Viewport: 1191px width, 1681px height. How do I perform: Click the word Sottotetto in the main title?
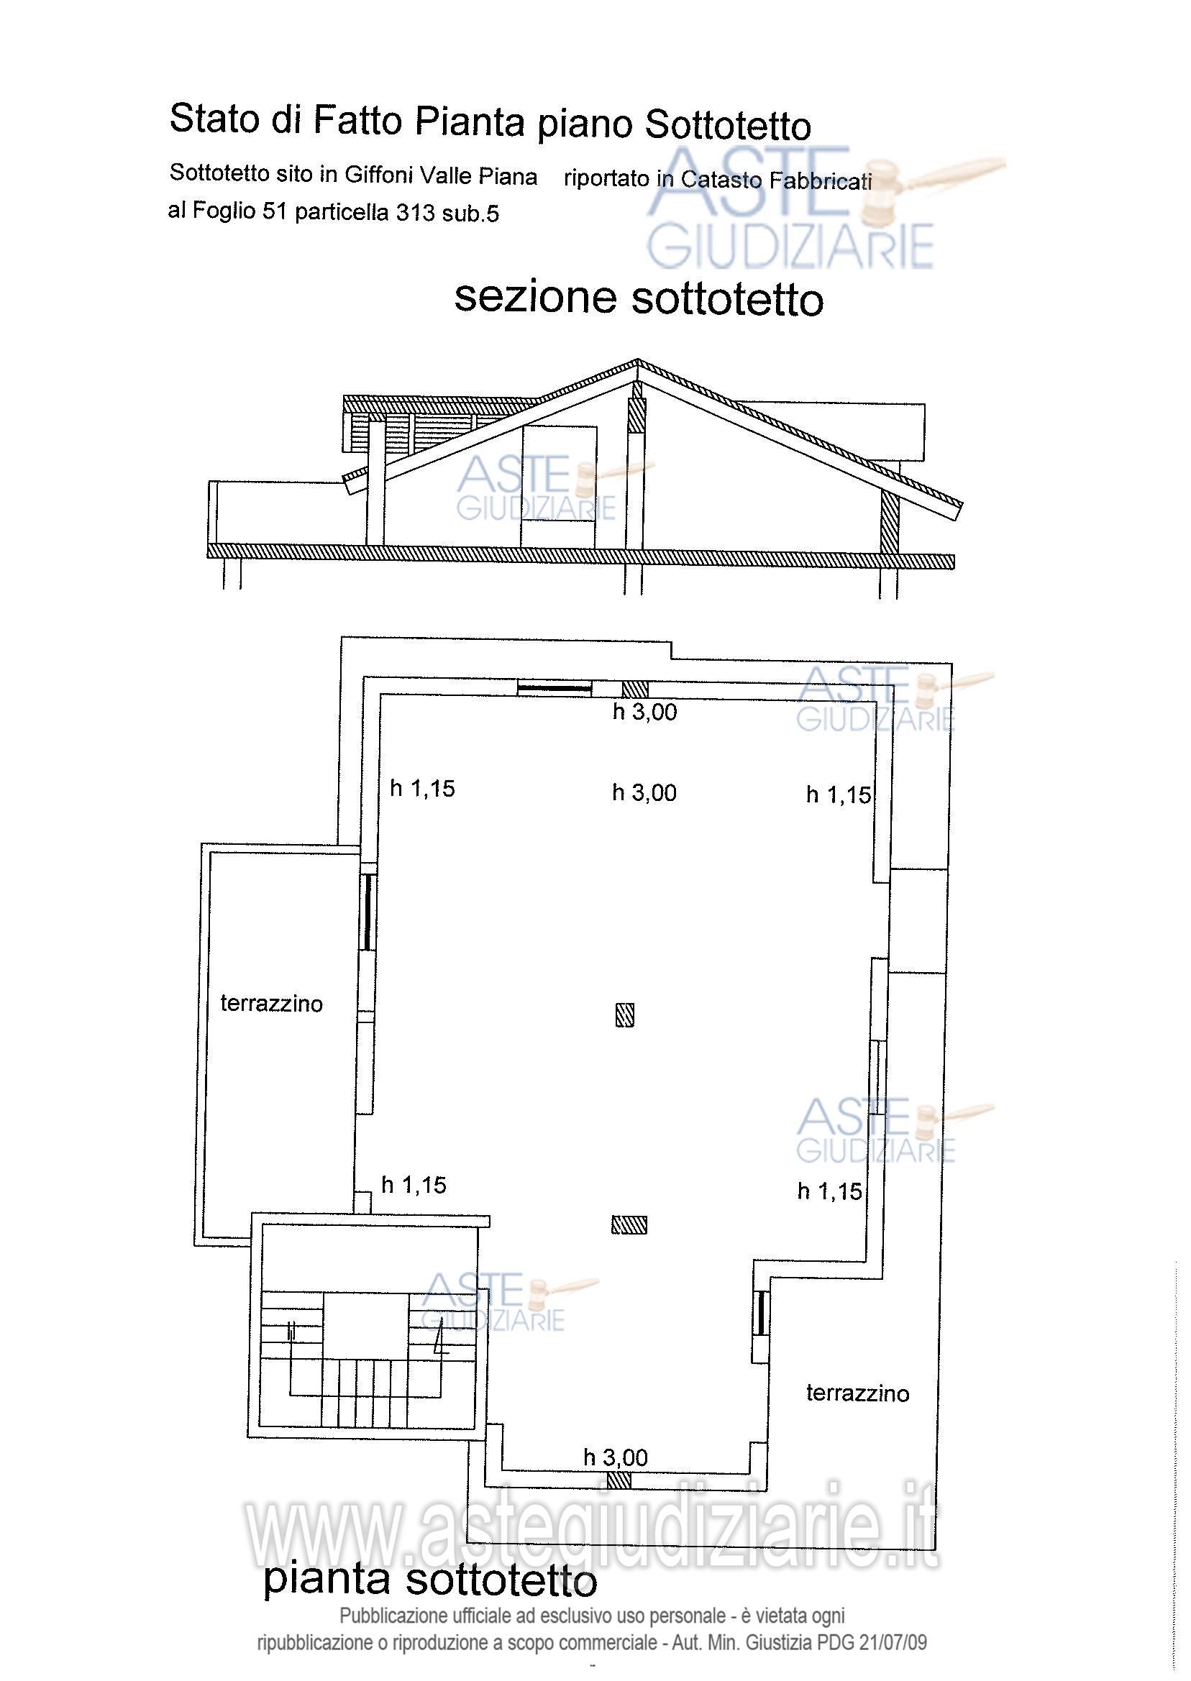click(x=728, y=125)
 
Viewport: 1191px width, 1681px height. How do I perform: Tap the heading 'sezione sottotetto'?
click(x=639, y=298)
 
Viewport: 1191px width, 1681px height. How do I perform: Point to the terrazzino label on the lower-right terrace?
click(x=857, y=1393)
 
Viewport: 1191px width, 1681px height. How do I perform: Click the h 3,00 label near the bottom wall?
click(x=616, y=1457)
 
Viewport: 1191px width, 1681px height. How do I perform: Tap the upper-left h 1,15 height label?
click(x=422, y=789)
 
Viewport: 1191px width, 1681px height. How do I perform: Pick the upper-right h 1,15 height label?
click(x=839, y=794)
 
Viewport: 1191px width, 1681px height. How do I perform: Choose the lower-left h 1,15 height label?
click(x=414, y=1185)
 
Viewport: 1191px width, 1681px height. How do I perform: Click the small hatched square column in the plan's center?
click(x=624, y=1014)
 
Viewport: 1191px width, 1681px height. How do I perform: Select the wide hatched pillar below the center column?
click(x=629, y=1224)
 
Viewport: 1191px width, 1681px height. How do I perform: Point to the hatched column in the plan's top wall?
click(x=635, y=689)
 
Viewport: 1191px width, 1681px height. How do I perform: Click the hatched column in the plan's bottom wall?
click(x=619, y=1480)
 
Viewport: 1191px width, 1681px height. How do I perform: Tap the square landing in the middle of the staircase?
click(x=366, y=1325)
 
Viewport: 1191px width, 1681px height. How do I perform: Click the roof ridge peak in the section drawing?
click(x=637, y=359)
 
